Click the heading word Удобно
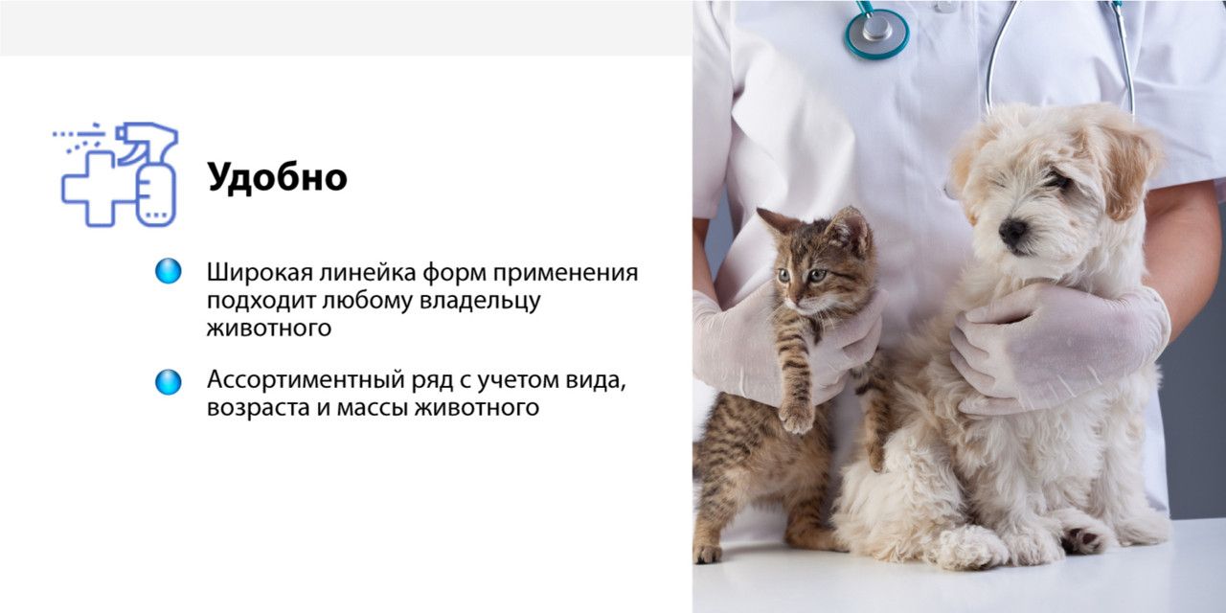click(x=277, y=177)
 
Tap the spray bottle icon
click(x=152, y=177)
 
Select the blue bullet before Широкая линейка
click(x=168, y=271)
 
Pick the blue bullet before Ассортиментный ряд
click(x=168, y=381)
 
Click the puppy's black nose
click(x=1012, y=231)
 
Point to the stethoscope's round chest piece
click(x=875, y=30)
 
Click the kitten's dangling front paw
click(x=796, y=416)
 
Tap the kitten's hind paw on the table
click(x=708, y=553)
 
